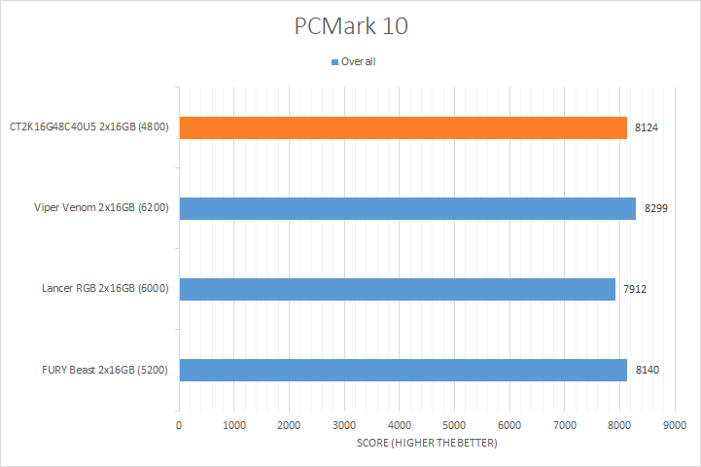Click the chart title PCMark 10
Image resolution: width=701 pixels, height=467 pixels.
pos(351,26)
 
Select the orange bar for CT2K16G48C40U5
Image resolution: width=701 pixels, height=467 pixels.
pos(403,127)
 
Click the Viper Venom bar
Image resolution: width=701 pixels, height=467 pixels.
pos(406,208)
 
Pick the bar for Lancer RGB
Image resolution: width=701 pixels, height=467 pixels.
pos(397,289)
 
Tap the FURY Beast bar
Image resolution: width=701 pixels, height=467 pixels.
pos(403,370)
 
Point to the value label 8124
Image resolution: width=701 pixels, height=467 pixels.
pos(647,127)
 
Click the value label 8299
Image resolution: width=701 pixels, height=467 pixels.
pos(655,208)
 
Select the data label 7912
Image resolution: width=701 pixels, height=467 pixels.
pos(636,289)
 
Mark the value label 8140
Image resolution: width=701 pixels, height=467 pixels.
pos(648,370)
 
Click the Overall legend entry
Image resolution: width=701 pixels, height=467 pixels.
pos(358,62)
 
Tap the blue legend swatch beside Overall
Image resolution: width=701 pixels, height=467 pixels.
pos(335,62)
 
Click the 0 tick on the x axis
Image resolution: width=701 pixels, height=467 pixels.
pos(179,426)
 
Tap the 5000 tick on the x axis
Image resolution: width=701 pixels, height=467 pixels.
pos(454,426)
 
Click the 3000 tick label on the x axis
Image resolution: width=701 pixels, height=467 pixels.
pos(344,426)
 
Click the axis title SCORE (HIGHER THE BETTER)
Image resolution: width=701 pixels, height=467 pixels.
pos(426,444)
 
